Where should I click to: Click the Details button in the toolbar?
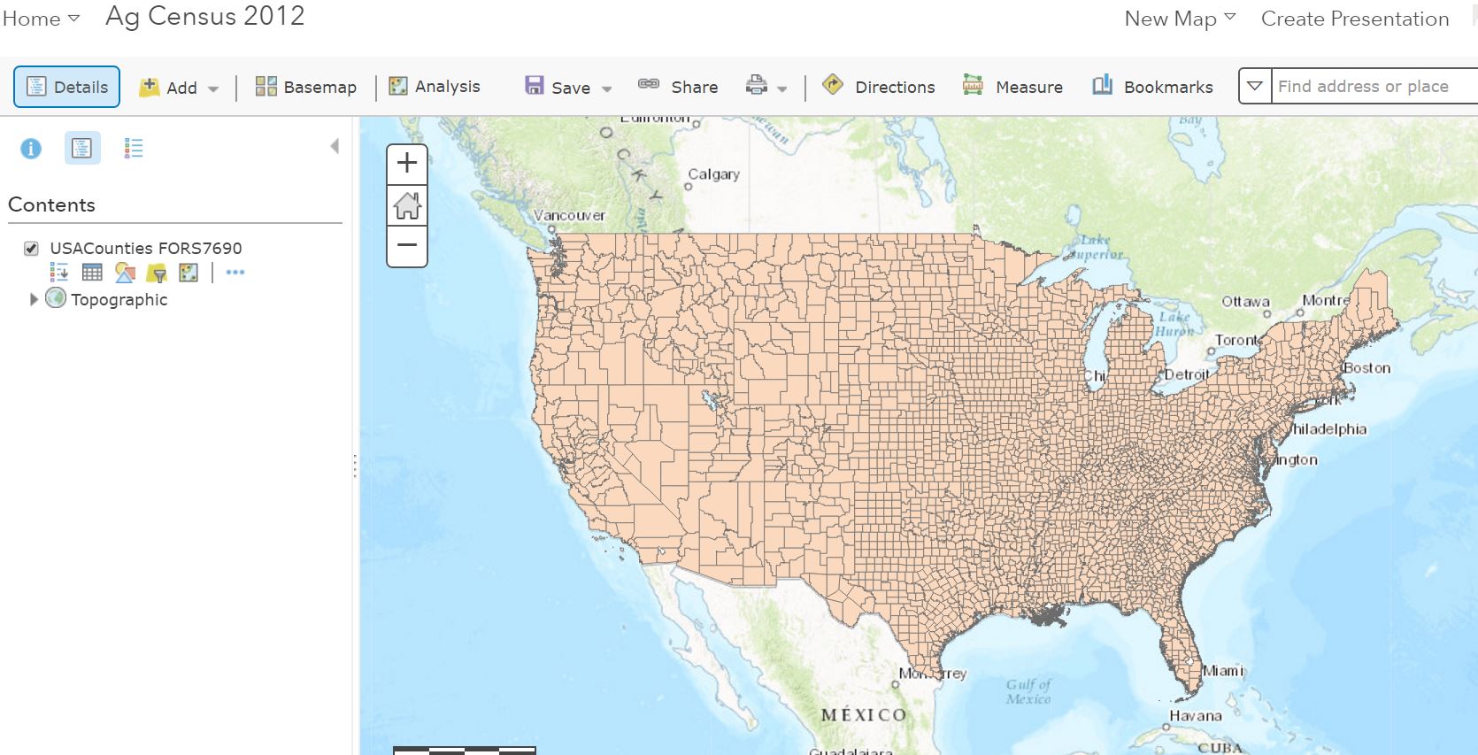[x=66, y=87]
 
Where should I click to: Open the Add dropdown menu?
[x=179, y=88]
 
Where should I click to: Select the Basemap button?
[x=305, y=87]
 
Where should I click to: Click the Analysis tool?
[x=435, y=86]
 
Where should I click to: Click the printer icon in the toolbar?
[x=757, y=86]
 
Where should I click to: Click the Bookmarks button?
[x=1152, y=87]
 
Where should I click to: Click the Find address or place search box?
[x=1372, y=87]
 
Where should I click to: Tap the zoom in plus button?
[x=407, y=164]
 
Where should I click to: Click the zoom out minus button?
[x=407, y=245]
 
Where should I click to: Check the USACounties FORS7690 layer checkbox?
[x=32, y=249]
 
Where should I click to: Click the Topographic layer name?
[x=119, y=300]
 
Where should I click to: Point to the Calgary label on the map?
[x=713, y=174]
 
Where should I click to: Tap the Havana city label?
[x=1195, y=715]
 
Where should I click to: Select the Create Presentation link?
[x=1354, y=19]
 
